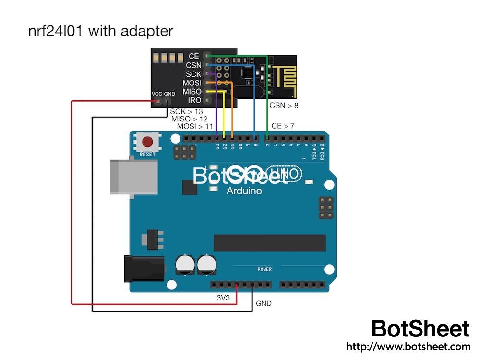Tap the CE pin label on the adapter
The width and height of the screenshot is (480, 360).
[194, 57]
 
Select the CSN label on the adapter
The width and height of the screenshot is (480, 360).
[193, 65]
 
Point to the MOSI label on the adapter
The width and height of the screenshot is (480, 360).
[192, 83]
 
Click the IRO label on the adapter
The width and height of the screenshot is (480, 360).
[194, 100]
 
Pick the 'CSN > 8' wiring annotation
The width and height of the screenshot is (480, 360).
[284, 106]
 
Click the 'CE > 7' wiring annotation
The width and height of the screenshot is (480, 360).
[283, 126]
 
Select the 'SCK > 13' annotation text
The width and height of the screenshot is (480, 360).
[187, 112]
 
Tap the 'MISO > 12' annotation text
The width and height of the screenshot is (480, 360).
[190, 119]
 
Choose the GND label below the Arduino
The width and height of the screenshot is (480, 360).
[264, 303]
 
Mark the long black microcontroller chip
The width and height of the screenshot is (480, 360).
[269, 242]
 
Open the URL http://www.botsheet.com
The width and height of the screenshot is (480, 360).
[408, 346]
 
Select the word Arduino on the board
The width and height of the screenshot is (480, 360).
[244, 191]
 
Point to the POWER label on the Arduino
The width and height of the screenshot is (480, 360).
[264, 269]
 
